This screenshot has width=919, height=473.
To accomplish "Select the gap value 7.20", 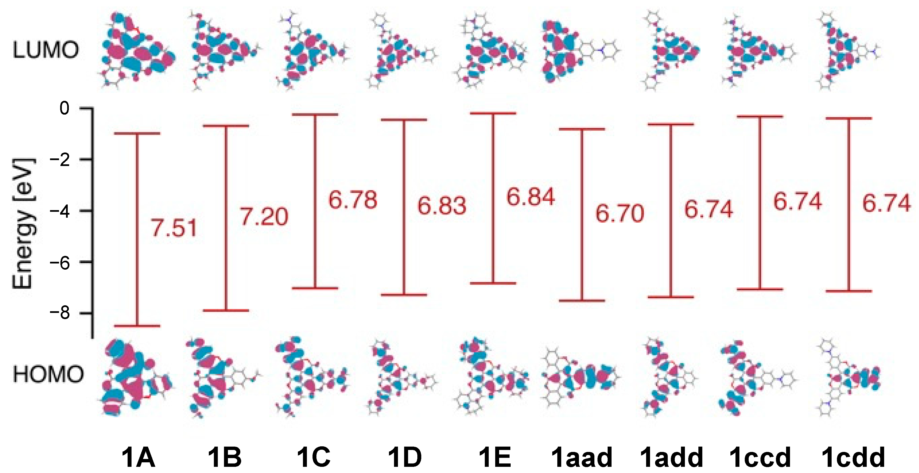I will tap(264, 217).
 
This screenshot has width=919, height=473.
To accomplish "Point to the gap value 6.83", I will tap(442, 206).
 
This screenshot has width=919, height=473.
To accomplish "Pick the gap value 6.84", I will tap(531, 197).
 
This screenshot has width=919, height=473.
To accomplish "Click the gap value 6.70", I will tap(620, 213).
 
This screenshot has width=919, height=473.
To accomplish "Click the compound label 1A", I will tap(138, 457).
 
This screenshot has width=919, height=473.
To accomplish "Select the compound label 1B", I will tap(225, 457).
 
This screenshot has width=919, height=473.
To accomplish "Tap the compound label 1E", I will tap(494, 457).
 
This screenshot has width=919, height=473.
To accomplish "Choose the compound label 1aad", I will tap(582, 457).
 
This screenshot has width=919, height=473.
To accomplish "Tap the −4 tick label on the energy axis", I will tap(60, 211).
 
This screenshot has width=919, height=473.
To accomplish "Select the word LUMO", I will tap(45, 50).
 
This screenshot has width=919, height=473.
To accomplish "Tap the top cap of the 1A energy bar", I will tap(137, 133).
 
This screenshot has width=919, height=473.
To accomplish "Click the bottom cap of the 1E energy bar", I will tap(493, 283).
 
